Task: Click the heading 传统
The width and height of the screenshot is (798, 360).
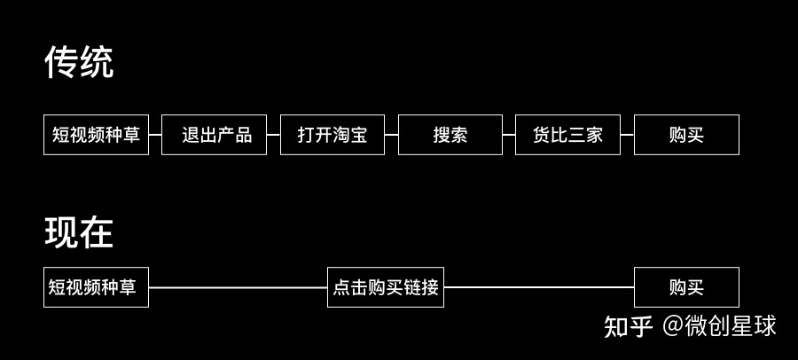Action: tap(79, 63)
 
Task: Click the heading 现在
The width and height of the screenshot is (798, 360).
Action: tap(79, 232)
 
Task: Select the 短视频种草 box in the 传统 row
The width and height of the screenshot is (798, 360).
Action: tap(97, 135)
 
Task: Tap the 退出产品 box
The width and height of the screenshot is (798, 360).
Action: tap(214, 135)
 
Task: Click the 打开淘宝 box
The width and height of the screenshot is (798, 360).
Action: tap(332, 135)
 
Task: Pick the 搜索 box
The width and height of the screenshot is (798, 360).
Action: tap(450, 135)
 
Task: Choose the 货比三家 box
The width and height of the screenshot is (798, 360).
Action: tap(567, 135)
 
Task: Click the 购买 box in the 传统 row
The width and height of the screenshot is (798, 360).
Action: tap(686, 135)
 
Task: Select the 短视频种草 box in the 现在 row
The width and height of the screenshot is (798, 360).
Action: tap(96, 287)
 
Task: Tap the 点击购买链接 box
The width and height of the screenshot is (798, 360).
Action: tap(386, 287)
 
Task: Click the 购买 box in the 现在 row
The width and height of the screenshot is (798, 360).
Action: tap(686, 287)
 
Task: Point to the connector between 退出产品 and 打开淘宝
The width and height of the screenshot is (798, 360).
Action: tap(273, 135)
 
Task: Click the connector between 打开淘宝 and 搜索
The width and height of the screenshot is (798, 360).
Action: tap(391, 135)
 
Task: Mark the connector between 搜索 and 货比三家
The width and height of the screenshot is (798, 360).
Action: tap(509, 135)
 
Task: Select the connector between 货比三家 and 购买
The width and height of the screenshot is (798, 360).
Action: tap(627, 135)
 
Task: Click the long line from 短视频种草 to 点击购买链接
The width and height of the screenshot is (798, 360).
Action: tap(238, 287)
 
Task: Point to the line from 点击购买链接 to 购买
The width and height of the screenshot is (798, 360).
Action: tap(539, 287)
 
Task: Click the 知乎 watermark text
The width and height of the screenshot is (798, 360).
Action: tap(629, 326)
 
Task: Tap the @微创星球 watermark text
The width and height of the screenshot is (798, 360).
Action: tap(719, 326)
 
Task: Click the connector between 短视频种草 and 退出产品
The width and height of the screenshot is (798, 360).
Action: tap(155, 135)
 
